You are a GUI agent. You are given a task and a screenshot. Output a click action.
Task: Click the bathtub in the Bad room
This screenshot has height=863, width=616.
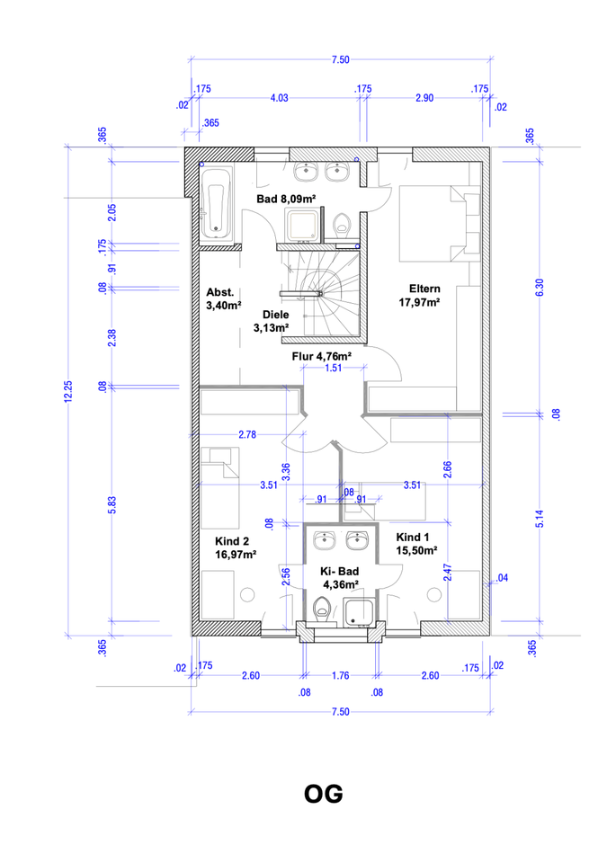coord(215,204)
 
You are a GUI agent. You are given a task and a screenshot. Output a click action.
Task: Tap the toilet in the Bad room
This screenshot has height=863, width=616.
coord(343,225)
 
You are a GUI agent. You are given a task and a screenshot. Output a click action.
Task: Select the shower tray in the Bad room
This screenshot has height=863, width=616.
coord(301,225)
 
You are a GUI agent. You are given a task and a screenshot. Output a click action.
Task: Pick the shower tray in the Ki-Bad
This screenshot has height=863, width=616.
coord(360,612)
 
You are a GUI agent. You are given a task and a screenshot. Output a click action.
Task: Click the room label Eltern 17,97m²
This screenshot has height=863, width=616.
coord(420,296)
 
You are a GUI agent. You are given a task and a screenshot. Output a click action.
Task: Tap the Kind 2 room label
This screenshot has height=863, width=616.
coord(236,547)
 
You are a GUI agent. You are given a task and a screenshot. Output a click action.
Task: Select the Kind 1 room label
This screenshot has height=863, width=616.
coord(416,544)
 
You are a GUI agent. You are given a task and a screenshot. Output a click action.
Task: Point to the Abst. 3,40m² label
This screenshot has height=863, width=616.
coord(224,298)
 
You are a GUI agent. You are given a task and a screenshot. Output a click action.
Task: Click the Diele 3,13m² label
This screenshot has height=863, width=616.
coord(272,322)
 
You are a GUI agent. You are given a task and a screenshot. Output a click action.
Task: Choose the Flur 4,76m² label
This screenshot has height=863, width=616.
coord(321,356)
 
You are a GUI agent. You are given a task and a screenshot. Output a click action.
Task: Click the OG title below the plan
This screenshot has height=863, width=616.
coord(324,794)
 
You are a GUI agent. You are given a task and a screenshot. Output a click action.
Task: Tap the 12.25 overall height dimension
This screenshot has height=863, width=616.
coord(68,391)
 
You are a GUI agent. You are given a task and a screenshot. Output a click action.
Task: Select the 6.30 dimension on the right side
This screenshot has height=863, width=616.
coord(540,288)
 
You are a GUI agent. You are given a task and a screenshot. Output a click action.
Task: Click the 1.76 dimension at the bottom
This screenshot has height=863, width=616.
coord(340,675)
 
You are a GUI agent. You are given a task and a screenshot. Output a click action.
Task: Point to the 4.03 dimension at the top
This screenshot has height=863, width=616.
coord(279,98)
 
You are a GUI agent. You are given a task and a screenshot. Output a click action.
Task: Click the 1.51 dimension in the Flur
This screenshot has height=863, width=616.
coord(333,368)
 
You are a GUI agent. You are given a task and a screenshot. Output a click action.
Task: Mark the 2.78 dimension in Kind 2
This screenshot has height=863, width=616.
coord(247,434)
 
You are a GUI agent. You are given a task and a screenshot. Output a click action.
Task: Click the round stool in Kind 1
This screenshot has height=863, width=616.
coord(434,594)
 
